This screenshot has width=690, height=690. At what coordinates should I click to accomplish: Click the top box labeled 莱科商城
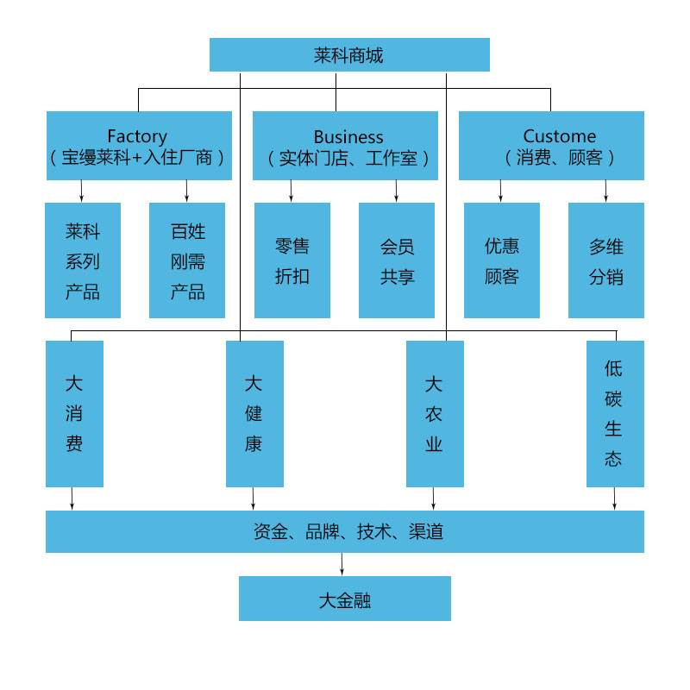point(349,55)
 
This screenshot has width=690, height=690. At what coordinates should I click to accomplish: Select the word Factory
point(137,136)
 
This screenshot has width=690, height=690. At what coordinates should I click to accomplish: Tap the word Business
point(348,136)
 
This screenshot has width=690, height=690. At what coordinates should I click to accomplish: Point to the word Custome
point(560,136)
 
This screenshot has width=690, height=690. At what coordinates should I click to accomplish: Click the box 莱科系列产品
point(83,261)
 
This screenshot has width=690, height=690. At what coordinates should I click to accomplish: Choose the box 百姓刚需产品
point(187,261)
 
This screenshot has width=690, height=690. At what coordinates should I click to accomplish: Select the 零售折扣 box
point(292,261)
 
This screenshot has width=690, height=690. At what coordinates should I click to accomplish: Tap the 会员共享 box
point(397,261)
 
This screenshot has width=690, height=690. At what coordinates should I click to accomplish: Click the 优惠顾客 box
point(502,261)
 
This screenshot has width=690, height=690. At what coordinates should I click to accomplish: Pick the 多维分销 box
point(606,261)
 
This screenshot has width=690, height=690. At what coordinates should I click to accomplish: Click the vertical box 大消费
point(74,414)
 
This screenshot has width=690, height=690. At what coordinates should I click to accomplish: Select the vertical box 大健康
point(254,414)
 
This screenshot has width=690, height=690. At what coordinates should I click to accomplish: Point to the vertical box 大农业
point(435,414)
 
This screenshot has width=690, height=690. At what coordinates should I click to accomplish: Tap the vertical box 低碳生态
point(615,414)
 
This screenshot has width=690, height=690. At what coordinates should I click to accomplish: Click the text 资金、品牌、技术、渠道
point(348,532)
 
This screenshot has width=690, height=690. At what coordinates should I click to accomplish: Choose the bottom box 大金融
point(345,599)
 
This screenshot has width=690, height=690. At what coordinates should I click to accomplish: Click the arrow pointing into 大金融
point(342,565)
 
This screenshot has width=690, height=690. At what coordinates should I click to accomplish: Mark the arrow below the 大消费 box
point(72,499)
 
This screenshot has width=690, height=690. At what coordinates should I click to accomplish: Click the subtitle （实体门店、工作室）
point(348,159)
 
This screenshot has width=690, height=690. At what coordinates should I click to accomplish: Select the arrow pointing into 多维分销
point(606,191)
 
